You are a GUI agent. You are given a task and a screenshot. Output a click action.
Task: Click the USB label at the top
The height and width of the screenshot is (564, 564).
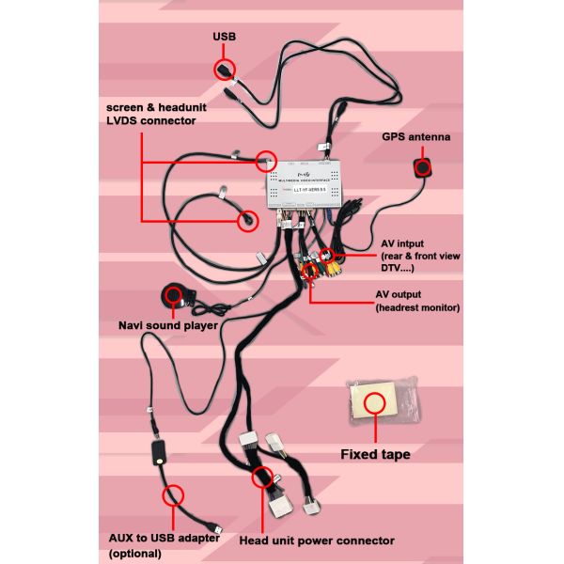coord(224,37)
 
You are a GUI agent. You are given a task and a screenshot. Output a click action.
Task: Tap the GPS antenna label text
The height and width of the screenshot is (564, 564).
coord(415,137)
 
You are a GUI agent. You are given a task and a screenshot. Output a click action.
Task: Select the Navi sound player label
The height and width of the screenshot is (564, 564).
coord(168,325)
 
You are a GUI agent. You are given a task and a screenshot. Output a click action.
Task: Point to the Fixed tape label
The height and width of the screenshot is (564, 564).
coord(375,455)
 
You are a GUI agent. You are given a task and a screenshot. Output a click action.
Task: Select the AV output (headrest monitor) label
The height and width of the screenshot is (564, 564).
coord(410,300)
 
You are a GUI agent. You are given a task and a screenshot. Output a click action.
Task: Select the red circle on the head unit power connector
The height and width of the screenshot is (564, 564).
coord(262,477)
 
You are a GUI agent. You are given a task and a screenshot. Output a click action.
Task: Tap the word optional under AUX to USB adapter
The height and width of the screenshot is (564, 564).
coord(137,555)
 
